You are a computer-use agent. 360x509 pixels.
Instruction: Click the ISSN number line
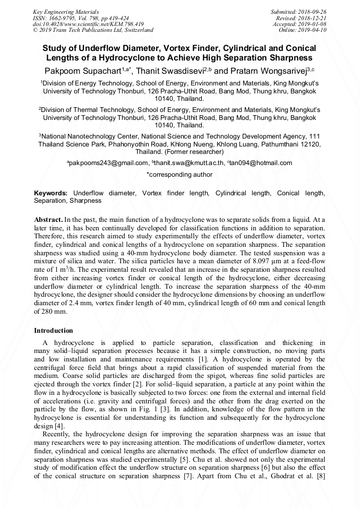(76, 18)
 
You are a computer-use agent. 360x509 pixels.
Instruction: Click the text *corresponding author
(179, 175)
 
